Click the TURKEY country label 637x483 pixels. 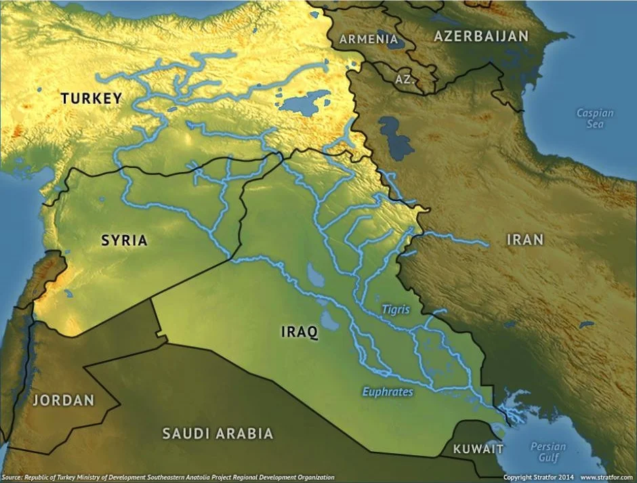[x=91, y=99]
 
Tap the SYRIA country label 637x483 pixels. [x=124, y=240]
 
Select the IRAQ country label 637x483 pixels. [x=299, y=332]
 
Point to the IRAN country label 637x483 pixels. [x=525, y=240]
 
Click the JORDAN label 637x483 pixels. [x=63, y=400]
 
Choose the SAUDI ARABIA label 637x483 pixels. [x=217, y=434]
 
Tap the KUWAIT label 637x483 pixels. [x=478, y=449]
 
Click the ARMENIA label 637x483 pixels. [x=369, y=39]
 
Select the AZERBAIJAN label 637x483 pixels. [x=480, y=37]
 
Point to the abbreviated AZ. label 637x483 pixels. [x=405, y=79]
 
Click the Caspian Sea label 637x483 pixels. [x=594, y=119]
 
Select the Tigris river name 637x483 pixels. [x=395, y=309]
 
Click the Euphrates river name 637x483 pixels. [x=387, y=392]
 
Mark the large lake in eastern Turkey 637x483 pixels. [x=303, y=104]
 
